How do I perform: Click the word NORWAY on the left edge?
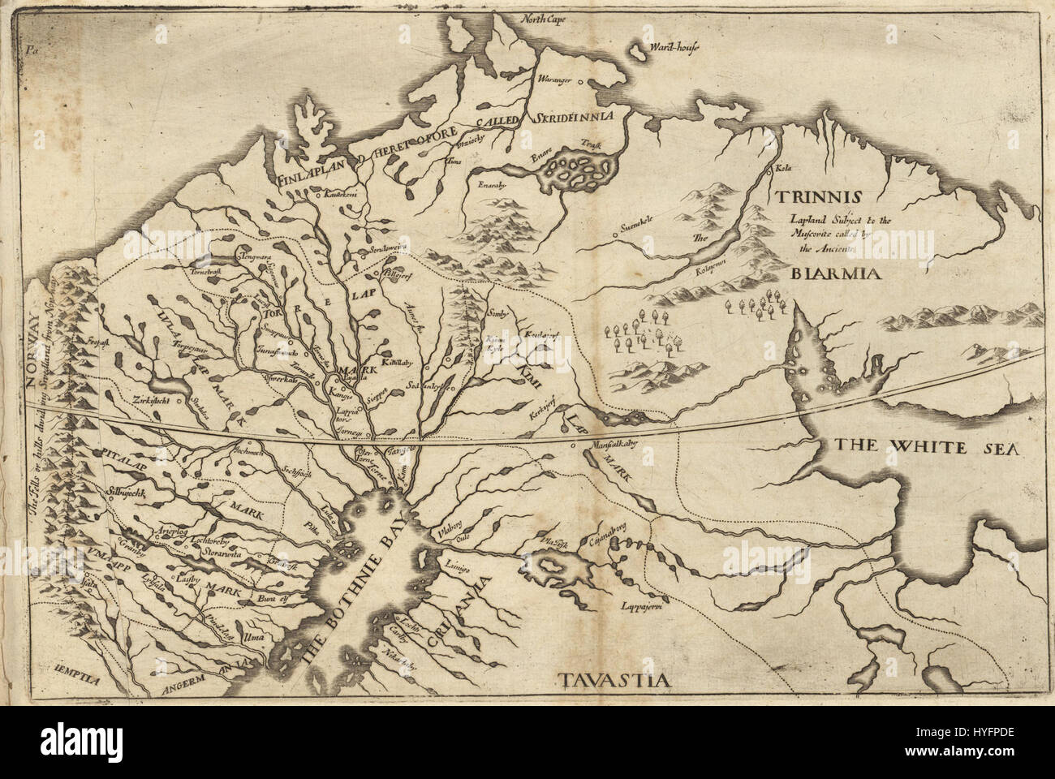33,332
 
